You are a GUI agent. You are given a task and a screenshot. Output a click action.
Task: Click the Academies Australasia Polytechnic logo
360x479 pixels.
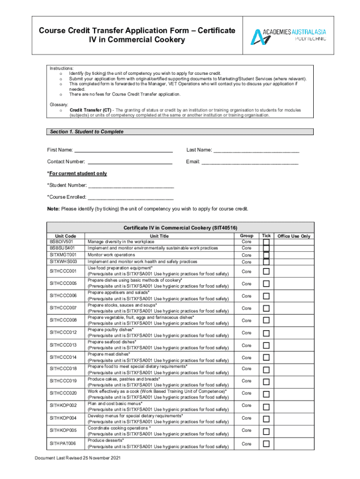click(288, 35)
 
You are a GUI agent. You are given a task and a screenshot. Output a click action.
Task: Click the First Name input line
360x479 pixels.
click(124, 151)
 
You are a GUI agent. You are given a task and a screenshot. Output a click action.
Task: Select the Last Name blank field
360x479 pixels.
click(256, 151)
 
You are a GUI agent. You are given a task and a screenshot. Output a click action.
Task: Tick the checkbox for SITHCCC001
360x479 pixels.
click(266, 271)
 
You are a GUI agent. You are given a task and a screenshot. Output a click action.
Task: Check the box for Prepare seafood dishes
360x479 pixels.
click(266, 345)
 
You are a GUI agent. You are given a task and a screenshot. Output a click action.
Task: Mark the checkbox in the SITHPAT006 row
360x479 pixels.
click(266, 443)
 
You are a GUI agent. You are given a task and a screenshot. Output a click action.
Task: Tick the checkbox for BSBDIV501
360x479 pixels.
click(266, 242)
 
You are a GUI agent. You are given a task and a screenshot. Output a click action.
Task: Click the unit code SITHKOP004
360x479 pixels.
click(63, 417)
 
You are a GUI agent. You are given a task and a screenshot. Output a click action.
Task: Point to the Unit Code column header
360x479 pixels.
click(65, 236)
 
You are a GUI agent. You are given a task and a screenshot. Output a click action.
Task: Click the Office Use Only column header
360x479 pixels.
click(294, 236)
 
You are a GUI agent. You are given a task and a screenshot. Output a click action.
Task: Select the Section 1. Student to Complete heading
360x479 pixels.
click(86, 132)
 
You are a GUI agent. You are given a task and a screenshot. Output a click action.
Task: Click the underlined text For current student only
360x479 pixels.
click(77, 174)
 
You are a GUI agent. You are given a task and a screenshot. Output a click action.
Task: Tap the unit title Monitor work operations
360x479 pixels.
click(111, 255)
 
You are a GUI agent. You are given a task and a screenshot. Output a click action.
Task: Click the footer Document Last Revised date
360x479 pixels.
click(78, 458)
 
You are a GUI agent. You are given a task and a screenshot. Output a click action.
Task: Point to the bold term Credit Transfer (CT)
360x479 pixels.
click(91, 110)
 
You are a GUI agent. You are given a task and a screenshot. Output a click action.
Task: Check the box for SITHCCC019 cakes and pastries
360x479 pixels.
click(266, 381)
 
